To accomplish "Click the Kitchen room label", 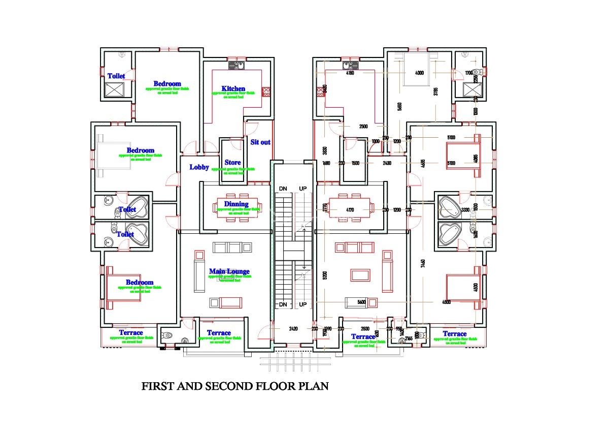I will pyautogui.click(x=233, y=88).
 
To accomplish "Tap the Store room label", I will pyautogui.click(x=233, y=163).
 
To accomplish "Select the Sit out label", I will pyautogui.click(x=260, y=142).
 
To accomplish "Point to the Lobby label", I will pyautogui.click(x=199, y=167).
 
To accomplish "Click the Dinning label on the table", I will pyautogui.click(x=236, y=204).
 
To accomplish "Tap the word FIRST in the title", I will pyautogui.click(x=155, y=386).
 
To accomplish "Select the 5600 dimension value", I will pyautogui.click(x=361, y=302).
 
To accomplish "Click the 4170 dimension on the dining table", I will pyautogui.click(x=350, y=209).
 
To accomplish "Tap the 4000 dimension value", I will pyautogui.click(x=419, y=73).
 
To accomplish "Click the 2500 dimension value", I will pyautogui.click(x=363, y=127).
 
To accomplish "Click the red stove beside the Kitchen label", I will pyautogui.click(x=266, y=91).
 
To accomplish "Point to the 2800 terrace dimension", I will pyautogui.click(x=364, y=329).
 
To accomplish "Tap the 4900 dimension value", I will pyautogui.click(x=446, y=302).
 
